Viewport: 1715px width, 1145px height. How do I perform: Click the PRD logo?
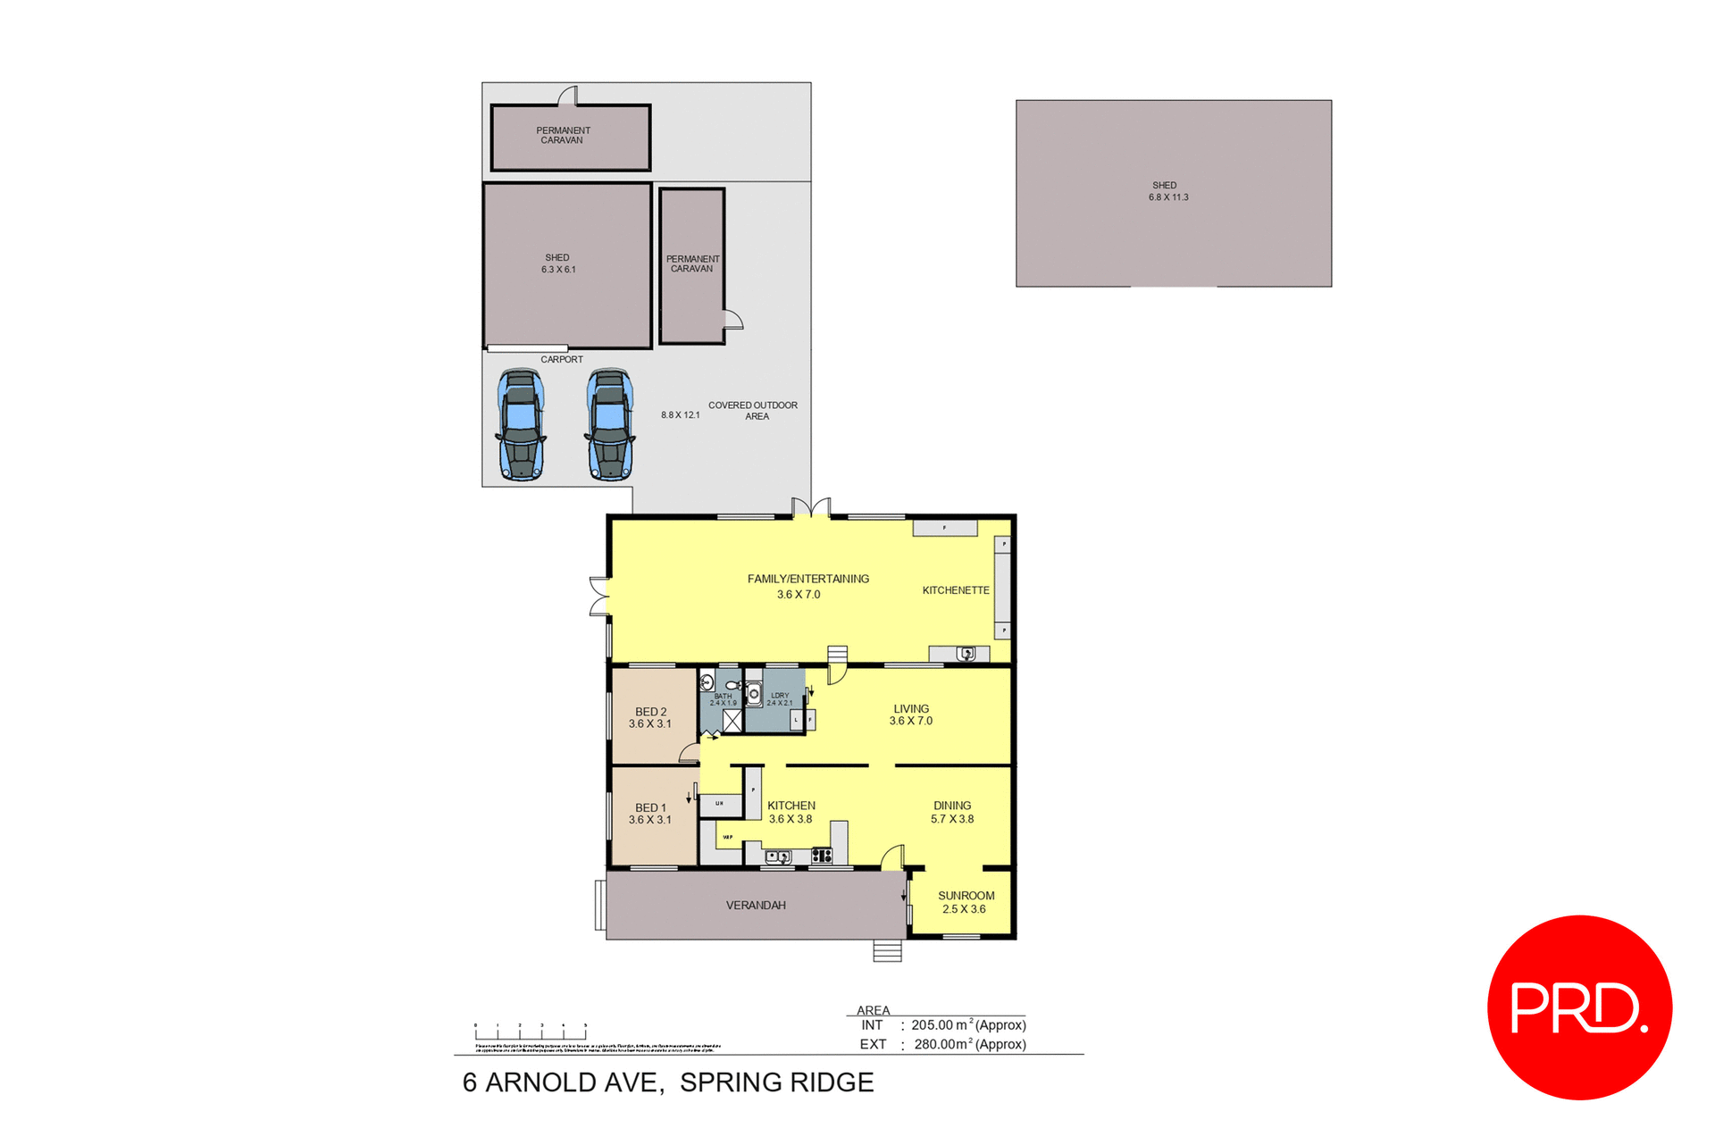click(1578, 1007)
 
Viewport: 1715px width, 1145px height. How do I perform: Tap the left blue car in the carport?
click(521, 425)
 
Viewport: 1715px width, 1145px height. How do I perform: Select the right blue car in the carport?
click(610, 425)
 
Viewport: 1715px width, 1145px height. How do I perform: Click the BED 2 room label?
click(650, 717)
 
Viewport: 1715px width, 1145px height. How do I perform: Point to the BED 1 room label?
click(650, 813)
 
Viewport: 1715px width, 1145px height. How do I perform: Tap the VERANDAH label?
click(756, 905)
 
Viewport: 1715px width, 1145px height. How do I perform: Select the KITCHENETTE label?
click(955, 590)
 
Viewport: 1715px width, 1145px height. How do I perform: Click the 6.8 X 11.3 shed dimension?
click(1168, 197)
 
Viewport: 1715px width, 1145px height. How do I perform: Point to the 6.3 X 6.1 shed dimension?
click(558, 270)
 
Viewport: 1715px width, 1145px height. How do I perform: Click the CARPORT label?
click(561, 359)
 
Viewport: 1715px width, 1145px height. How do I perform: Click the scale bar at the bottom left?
click(531, 1032)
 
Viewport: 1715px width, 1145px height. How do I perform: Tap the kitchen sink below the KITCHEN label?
click(778, 857)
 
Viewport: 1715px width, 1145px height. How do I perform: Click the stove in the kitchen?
click(822, 857)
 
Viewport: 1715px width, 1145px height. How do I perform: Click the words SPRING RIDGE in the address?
click(776, 1082)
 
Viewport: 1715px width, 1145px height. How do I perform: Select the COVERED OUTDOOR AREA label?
click(753, 411)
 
